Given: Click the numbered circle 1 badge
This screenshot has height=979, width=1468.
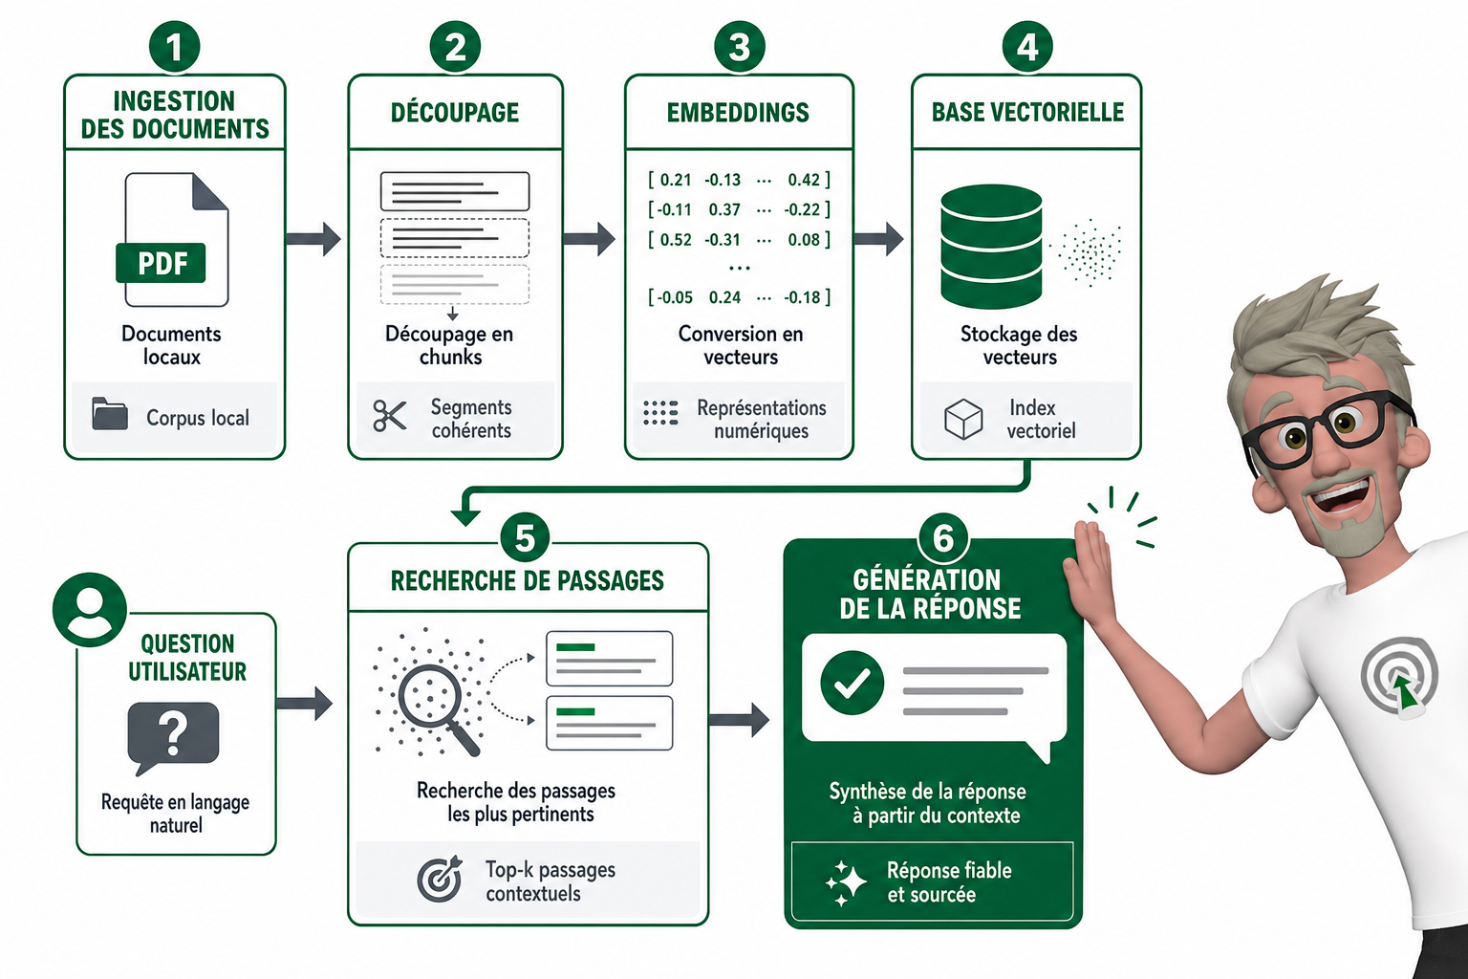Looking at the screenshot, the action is click(x=174, y=47).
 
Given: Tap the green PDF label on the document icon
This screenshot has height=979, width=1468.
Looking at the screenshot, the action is click(x=161, y=263).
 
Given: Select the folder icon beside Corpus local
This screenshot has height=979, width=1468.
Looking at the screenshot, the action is click(x=110, y=414).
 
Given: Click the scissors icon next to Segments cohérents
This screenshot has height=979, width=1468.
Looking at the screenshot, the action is click(x=389, y=416).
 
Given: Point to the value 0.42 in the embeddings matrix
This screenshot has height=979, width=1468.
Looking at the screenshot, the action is click(x=804, y=180).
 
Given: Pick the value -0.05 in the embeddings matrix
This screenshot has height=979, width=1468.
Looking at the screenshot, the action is click(x=676, y=297).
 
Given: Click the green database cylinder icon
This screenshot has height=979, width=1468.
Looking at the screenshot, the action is click(x=991, y=247).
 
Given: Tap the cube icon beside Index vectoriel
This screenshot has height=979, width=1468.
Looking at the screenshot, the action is click(x=962, y=419).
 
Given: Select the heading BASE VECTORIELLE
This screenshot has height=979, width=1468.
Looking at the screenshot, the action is click(x=1027, y=112).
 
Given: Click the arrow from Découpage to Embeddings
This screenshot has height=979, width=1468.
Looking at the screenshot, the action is click(x=589, y=239).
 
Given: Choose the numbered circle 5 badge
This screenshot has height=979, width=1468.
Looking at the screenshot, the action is click(x=525, y=537).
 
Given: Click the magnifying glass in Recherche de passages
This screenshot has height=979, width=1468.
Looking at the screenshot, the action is click(x=436, y=707).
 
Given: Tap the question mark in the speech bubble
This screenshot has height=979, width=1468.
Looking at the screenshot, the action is click(x=173, y=732).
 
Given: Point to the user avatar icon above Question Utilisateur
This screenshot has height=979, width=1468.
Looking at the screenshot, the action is click(x=90, y=609).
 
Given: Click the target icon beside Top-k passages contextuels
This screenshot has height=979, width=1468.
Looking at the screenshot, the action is click(x=440, y=879).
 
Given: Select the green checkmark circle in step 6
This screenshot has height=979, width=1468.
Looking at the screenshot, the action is click(x=852, y=683).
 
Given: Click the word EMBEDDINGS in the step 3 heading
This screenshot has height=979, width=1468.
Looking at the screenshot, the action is click(x=738, y=113).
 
